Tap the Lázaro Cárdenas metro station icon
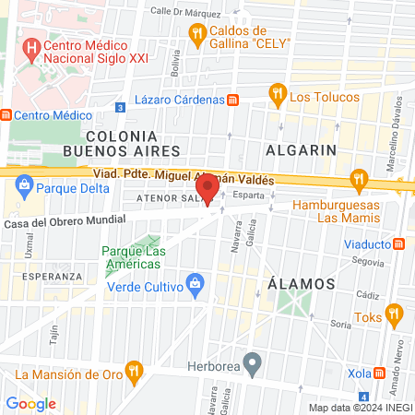click(x=233, y=100)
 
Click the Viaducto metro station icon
click(x=399, y=244)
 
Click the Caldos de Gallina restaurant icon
click(x=196, y=34)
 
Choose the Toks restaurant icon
click(x=396, y=316)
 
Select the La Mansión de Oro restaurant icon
click(x=135, y=373)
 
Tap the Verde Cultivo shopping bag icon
click(x=195, y=283)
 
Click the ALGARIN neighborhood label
click(x=299, y=148)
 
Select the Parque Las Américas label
click(x=133, y=256)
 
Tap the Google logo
click(x=30, y=403)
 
